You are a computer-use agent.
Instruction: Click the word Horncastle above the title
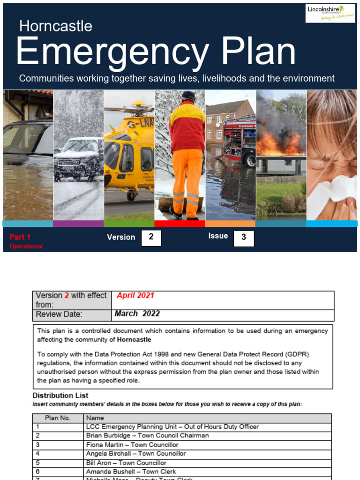[x=55, y=26]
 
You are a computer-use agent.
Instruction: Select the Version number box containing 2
[x=151, y=238]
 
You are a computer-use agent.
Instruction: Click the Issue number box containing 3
[x=244, y=238]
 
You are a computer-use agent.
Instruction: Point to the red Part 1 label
[x=20, y=237]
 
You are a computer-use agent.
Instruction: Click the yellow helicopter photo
[x=129, y=150]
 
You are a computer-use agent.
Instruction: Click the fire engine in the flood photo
[x=239, y=141]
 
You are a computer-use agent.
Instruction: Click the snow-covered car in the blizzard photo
[x=78, y=159]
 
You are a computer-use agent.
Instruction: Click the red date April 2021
[x=135, y=296]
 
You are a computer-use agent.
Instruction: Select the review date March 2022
[x=137, y=314]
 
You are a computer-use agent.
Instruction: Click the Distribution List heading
[x=60, y=396]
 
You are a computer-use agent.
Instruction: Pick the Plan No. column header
[x=58, y=418]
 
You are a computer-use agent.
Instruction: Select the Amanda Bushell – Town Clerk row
[x=131, y=472]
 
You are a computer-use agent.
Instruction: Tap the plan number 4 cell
[x=37, y=454]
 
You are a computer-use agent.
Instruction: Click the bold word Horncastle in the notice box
[x=134, y=339]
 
